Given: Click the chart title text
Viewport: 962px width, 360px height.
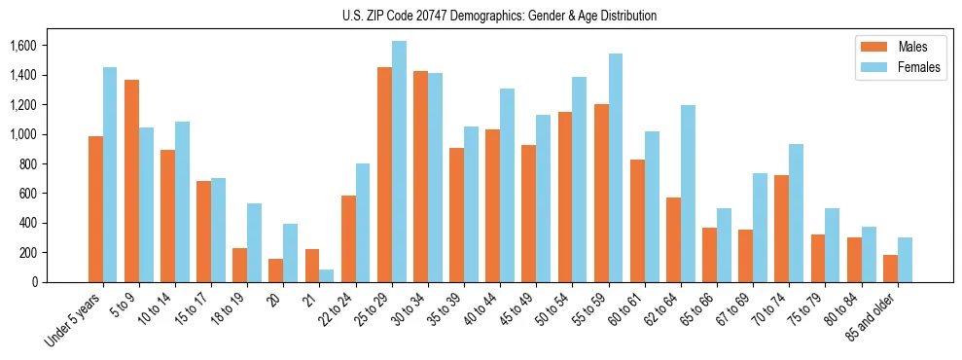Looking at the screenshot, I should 499,16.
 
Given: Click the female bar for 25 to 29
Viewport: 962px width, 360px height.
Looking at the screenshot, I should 399,162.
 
